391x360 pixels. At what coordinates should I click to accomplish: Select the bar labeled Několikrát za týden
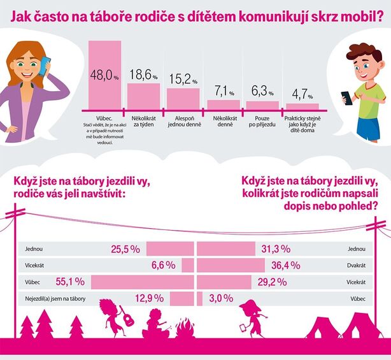143,96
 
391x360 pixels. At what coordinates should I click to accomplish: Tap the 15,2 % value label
183,80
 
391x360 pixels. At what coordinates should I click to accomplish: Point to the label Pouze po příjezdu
262,121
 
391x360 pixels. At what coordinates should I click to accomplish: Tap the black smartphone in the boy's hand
346,98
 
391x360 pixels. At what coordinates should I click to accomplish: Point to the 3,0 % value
218,298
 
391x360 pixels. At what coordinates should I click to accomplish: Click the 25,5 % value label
125,249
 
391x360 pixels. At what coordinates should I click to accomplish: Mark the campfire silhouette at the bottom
185,329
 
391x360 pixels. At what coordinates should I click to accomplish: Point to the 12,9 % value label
150,298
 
